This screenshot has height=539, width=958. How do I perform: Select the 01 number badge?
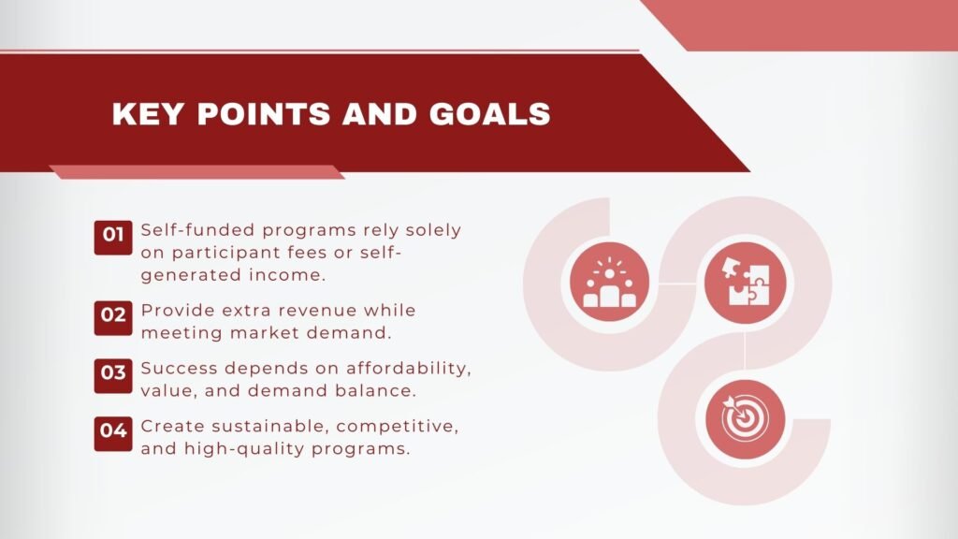tap(113, 236)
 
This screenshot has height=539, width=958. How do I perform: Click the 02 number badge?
tap(113, 315)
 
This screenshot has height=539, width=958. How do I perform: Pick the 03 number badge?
tap(113, 373)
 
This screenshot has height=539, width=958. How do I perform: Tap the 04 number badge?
tap(113, 431)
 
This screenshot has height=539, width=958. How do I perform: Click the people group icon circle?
tap(609, 283)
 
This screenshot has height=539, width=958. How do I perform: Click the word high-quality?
tap(232, 449)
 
